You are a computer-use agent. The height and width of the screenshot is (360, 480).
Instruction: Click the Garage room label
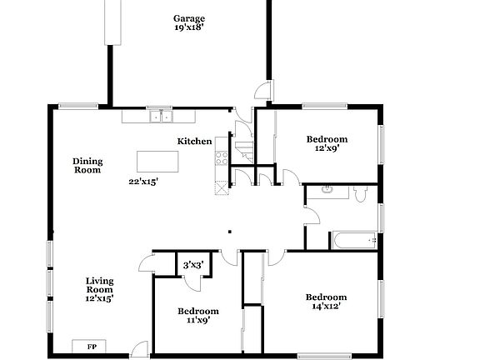coord(189,18)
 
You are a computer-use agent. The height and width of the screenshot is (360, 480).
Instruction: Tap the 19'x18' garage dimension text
coord(189,28)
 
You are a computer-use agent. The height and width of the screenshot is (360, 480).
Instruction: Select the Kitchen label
coord(194,142)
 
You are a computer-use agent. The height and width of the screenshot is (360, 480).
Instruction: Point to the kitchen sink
coord(159,117)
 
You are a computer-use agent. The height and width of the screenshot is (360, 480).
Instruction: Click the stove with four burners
coord(222,155)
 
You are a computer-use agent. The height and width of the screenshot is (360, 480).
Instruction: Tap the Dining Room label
coord(87,165)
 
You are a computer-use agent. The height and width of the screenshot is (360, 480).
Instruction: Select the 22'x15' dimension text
coord(143,181)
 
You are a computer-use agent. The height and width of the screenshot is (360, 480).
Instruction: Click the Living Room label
coord(99,285)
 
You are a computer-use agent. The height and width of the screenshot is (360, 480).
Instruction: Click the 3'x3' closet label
coord(192,265)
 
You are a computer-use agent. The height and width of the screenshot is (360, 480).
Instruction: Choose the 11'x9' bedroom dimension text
coord(192,318)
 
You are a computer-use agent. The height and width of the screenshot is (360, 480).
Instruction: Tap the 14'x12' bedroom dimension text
coord(325,306)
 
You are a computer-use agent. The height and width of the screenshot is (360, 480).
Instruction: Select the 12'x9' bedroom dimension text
coord(326,148)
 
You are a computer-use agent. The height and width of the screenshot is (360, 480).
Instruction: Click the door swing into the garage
coord(262,90)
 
